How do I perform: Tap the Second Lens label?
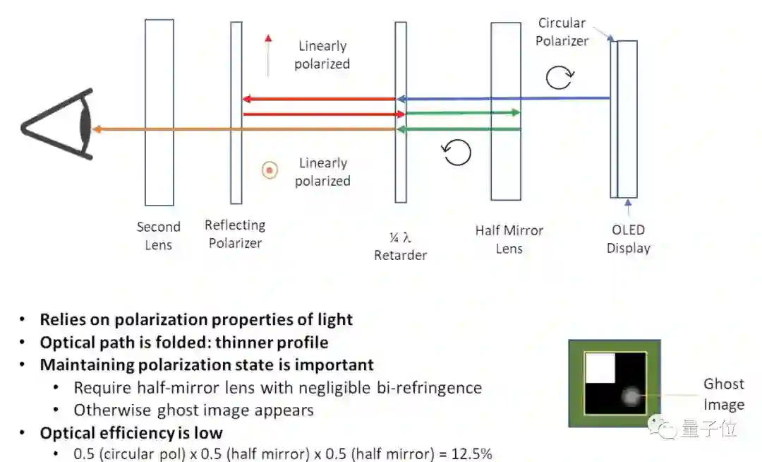click(158, 236)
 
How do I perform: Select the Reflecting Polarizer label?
click(235, 234)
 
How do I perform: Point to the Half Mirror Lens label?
click(509, 239)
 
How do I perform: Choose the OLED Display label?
click(628, 239)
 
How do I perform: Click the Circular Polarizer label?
click(562, 32)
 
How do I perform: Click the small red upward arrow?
click(268, 54)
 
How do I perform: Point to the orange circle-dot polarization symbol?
click(269, 170)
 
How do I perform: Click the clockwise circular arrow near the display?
click(560, 78)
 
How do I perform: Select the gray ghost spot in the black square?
click(631, 398)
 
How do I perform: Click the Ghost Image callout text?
click(723, 394)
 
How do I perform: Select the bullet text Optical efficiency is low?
click(131, 432)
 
